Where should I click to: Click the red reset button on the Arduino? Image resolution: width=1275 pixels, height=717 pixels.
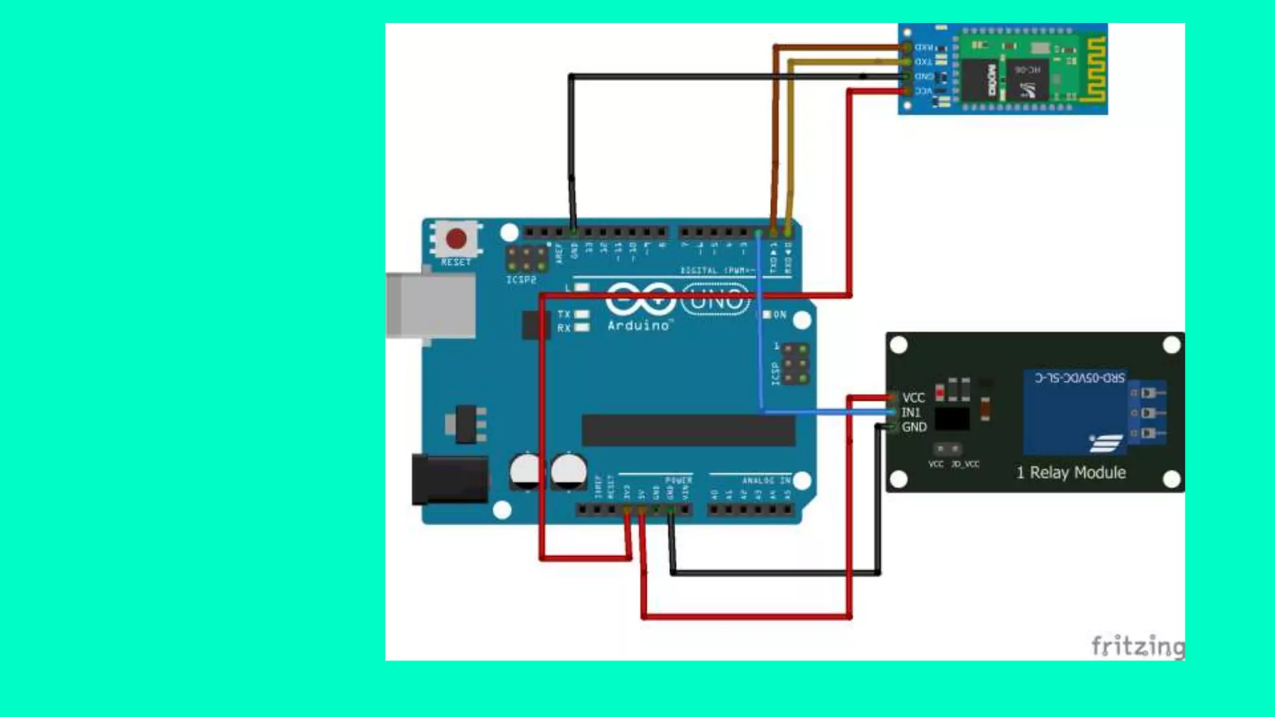click(x=456, y=238)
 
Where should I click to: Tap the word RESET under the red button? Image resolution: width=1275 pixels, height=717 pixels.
click(x=456, y=262)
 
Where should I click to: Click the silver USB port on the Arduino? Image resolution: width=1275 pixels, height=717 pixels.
click(x=430, y=306)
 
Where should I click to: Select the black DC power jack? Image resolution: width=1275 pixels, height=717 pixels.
click(x=450, y=479)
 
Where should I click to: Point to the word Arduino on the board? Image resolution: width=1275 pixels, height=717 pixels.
click(x=639, y=326)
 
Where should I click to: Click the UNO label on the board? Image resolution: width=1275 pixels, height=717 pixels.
click(x=716, y=300)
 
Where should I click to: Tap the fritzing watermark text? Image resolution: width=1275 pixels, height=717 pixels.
click(x=1137, y=646)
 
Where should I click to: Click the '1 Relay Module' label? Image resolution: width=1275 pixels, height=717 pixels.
click(x=1071, y=472)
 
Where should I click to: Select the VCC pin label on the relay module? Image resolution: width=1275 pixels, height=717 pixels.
click(x=913, y=398)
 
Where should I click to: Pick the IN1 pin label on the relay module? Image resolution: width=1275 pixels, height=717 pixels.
click(x=911, y=412)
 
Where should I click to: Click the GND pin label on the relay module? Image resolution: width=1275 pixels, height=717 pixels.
click(x=914, y=427)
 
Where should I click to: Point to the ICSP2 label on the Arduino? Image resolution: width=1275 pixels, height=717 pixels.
click(x=521, y=280)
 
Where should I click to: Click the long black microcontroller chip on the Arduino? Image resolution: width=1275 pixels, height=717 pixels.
click(x=689, y=430)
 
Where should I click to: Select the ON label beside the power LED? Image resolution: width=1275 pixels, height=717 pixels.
click(x=779, y=315)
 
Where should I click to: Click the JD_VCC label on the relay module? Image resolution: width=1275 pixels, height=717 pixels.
click(x=965, y=464)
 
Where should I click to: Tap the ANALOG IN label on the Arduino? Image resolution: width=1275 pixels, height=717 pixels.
click(x=766, y=480)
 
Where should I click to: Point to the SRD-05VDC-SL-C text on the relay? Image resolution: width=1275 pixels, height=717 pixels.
click(x=1080, y=378)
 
